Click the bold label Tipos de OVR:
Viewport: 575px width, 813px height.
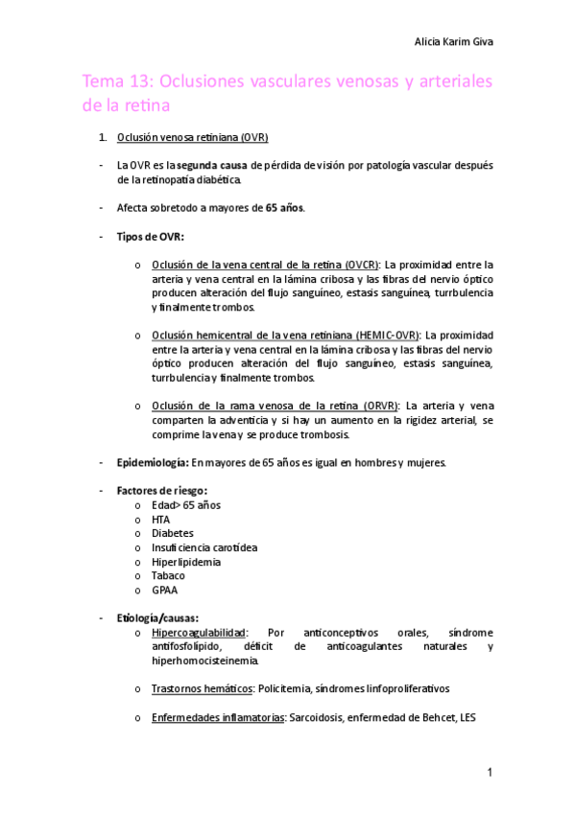[x=150, y=236]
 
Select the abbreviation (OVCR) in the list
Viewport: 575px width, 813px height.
[x=362, y=265]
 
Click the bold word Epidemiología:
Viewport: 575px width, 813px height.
[x=151, y=462]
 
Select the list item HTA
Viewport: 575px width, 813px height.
[x=160, y=519]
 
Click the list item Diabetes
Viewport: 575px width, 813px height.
[x=172, y=533]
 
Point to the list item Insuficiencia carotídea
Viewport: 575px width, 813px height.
[x=204, y=547]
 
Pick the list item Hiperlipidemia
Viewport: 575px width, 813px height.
[x=185, y=562]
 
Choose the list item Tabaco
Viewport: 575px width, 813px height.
[x=168, y=575]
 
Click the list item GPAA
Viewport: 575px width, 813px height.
[x=164, y=590]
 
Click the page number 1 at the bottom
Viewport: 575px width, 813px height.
[x=490, y=772]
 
